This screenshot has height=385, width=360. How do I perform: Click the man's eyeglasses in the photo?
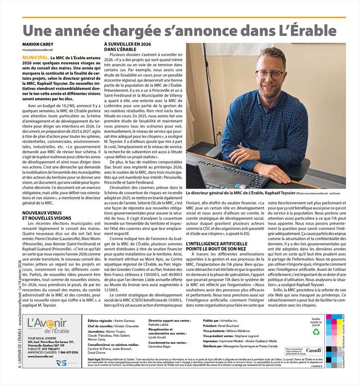click(270, 74)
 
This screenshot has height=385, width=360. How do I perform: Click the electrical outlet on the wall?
click(219, 130)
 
